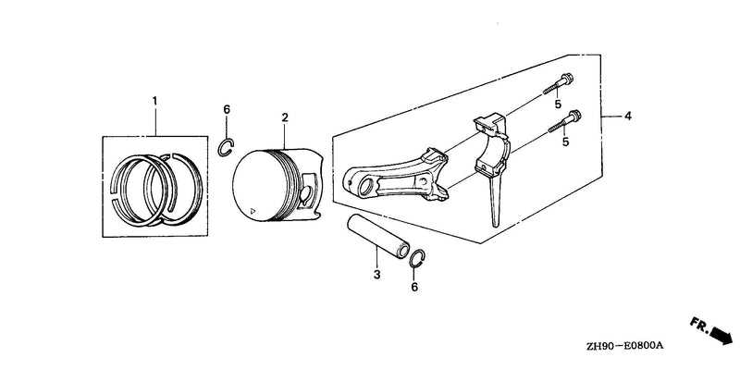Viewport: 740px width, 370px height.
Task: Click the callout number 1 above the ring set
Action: [154, 101]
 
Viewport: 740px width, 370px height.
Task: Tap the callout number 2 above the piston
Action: [285, 117]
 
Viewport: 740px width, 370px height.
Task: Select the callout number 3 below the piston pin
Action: [376, 274]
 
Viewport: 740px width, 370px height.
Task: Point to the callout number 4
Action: [628, 116]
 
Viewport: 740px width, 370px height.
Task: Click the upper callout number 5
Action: [558, 104]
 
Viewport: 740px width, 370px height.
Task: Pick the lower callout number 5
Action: [565, 141]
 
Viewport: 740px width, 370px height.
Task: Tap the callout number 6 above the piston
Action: [227, 109]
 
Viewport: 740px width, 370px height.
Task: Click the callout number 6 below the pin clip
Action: [414, 287]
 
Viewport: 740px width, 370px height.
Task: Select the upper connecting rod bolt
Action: [559, 83]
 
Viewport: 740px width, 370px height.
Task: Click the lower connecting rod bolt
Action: [565, 121]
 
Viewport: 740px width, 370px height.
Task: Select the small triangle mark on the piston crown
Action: [253, 210]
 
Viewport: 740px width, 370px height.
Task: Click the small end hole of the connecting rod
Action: [365, 187]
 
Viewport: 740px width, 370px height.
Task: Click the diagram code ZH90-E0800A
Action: [625, 346]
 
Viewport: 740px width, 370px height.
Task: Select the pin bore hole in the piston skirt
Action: [306, 194]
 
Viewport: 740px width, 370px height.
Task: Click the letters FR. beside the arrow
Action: [698, 325]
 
